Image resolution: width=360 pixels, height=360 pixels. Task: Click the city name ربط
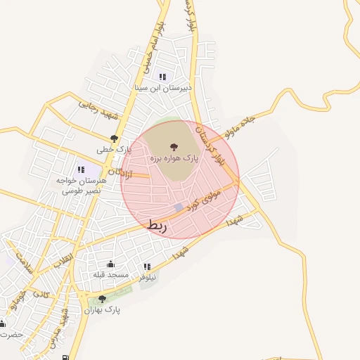tap(157, 225)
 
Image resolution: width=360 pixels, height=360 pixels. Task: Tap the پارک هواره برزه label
tap(174, 159)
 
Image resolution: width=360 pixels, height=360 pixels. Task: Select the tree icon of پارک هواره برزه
tap(174, 148)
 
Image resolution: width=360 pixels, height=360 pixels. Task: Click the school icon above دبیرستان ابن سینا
tap(162, 77)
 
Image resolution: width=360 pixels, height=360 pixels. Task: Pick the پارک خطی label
tap(115, 150)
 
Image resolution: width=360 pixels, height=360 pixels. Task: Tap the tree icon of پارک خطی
tap(115, 139)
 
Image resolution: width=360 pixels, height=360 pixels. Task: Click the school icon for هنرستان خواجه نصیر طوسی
tap(80, 169)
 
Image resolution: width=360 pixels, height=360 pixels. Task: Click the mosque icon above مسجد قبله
tap(110, 264)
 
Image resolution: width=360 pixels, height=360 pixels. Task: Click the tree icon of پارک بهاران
tap(103, 299)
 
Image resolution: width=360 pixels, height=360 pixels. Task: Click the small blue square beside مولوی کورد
tap(179, 207)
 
